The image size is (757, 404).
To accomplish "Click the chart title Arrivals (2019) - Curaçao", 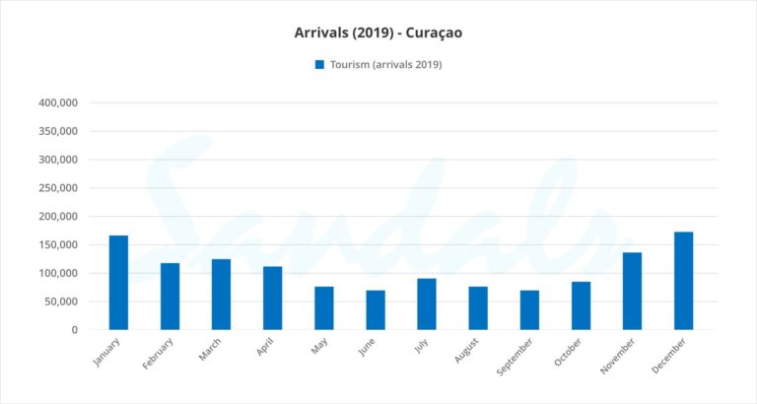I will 378,33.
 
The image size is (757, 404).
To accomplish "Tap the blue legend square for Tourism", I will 319,65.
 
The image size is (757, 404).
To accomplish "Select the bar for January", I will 118,283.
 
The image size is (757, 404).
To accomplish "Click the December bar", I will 683,281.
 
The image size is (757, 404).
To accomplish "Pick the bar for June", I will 376,309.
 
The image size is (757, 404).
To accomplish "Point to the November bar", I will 632,291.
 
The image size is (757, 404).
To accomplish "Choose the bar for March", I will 221,295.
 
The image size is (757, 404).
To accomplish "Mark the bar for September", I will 529,309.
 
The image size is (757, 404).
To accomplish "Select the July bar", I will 427,303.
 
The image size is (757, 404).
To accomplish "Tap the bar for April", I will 272,298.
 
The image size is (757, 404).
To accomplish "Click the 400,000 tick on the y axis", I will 58,102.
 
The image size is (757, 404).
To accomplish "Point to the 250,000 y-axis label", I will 58,188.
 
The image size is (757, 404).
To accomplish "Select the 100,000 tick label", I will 58,273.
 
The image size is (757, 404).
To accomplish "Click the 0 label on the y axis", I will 74,330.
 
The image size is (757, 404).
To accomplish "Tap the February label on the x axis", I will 159,355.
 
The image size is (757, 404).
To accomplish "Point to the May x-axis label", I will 319,347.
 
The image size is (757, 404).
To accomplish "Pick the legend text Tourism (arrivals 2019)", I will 385,65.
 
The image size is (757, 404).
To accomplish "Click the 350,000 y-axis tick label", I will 58,131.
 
